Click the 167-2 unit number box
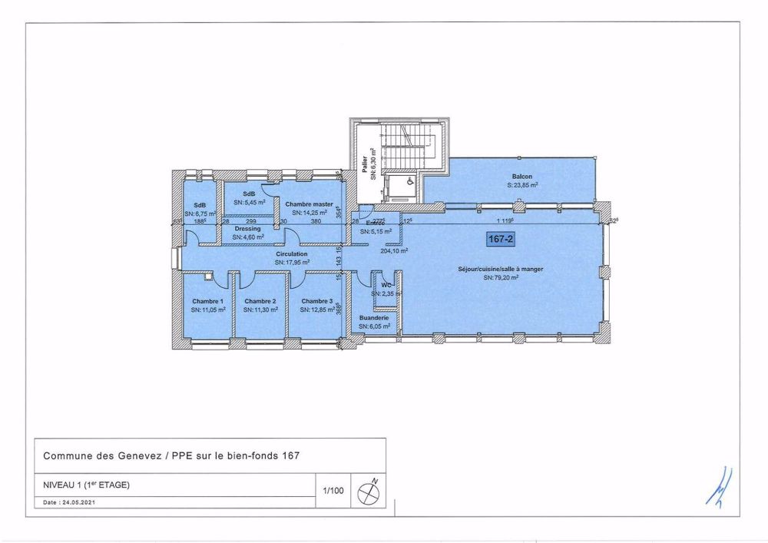(x=500, y=240)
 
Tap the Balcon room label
(x=522, y=177)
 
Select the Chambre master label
(x=309, y=204)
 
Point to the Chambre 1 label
(x=208, y=301)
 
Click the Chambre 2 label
(x=260, y=301)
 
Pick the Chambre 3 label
(x=317, y=301)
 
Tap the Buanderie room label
(x=375, y=317)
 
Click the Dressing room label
(x=248, y=229)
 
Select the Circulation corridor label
(x=292, y=253)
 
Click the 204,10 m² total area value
(x=394, y=250)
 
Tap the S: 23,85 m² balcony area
(x=522, y=185)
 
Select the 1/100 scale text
(x=332, y=489)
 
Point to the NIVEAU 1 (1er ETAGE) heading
(x=86, y=485)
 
